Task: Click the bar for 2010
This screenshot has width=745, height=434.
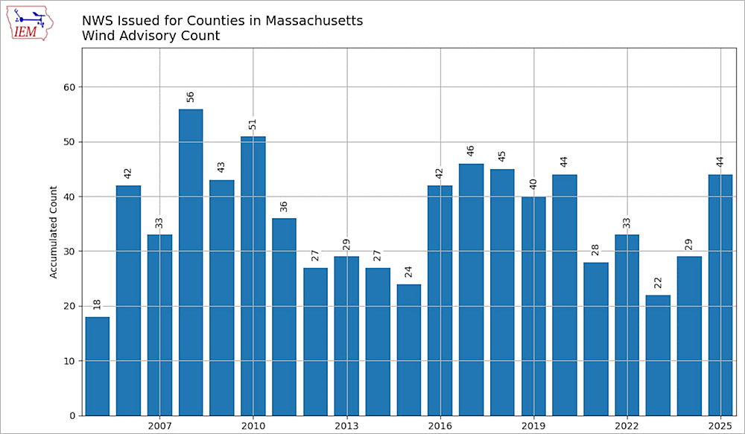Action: [253, 275]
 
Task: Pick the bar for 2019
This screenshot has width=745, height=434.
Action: [533, 306]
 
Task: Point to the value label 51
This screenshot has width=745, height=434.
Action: [253, 123]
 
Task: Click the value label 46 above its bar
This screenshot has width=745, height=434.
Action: [471, 150]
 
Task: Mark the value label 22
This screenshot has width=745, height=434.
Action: [658, 282]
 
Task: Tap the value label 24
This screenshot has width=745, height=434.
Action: [409, 271]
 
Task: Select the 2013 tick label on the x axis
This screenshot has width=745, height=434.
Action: [346, 426]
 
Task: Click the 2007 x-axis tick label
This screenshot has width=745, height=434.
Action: [159, 426]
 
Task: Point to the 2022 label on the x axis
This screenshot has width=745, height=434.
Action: [627, 426]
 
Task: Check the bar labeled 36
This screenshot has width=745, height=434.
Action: [284, 316]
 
